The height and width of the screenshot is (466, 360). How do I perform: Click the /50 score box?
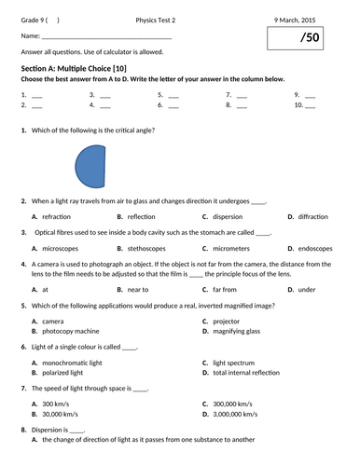309,39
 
